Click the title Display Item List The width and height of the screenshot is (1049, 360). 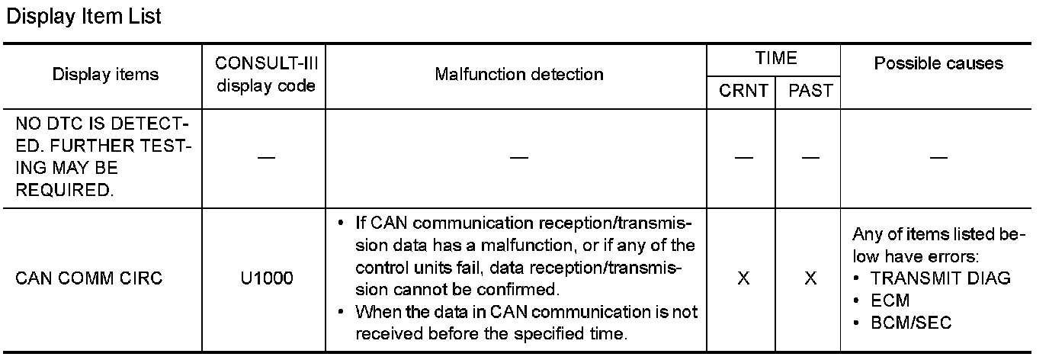[x=83, y=16]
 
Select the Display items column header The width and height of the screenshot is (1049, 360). [x=105, y=74]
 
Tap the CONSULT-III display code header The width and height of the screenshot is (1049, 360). [x=266, y=74]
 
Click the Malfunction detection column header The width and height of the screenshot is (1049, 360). [x=518, y=74]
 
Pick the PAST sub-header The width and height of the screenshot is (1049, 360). [x=810, y=92]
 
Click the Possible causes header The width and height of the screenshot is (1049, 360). [x=938, y=63]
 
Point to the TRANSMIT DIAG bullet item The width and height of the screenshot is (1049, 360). [x=941, y=278]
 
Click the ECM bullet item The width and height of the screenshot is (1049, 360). [x=890, y=301]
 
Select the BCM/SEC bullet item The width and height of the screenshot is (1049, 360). [x=911, y=323]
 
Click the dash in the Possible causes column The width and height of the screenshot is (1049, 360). [x=938, y=157]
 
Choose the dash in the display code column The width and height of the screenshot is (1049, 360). [x=265, y=157]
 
